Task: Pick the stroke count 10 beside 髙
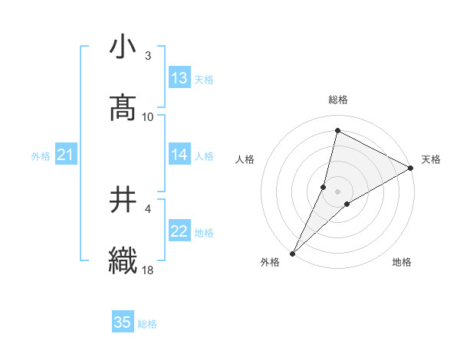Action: pos(148,116)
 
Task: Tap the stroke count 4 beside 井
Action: pos(148,208)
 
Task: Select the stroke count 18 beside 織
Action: pos(148,270)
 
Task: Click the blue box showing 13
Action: pos(179,78)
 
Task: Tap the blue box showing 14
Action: pos(179,155)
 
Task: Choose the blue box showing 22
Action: pos(179,231)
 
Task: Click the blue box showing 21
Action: pos(65,155)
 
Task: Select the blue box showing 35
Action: pos(123,322)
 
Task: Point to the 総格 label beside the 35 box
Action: pos(147,324)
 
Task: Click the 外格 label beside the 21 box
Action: pos(41,156)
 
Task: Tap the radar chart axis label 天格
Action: pos(431,159)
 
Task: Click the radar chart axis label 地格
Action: pos(402,263)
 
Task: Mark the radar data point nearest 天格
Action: pos(411,169)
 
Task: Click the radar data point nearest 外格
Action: pos(292,254)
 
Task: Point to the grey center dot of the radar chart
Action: pos(338,191)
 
